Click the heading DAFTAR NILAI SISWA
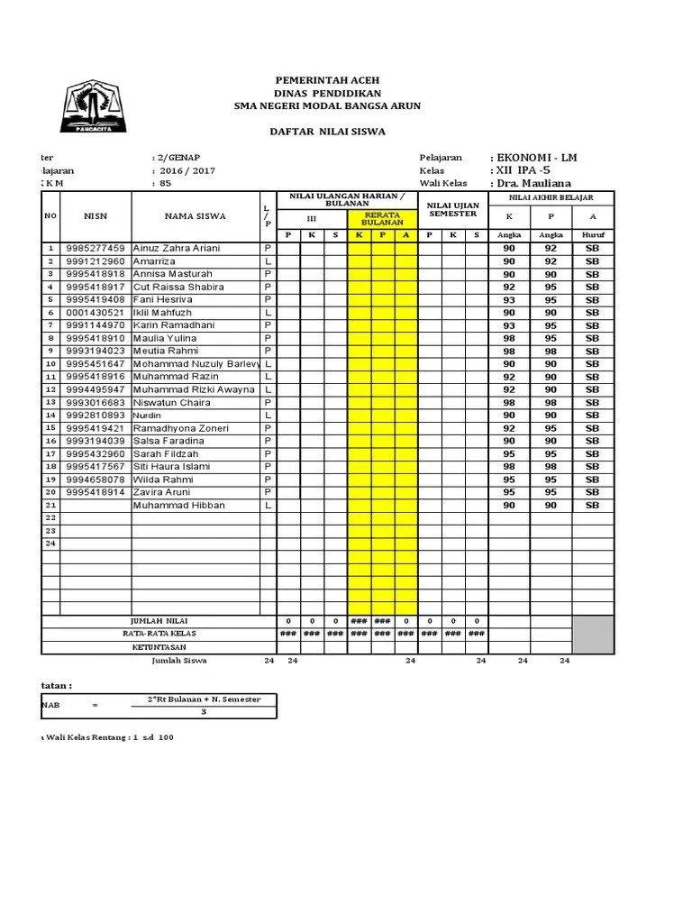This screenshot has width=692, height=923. point(327,132)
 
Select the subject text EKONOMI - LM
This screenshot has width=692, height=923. point(533,158)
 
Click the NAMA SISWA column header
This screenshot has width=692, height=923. point(195,216)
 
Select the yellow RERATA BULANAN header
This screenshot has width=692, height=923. point(382,218)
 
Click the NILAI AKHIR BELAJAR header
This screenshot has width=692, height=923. point(551,197)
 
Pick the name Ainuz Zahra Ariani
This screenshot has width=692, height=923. point(176,248)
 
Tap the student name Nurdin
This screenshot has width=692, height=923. point(149,416)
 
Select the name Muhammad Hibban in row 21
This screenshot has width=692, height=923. point(178,506)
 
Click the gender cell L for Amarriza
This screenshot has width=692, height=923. point(268,261)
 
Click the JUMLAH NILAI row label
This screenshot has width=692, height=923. point(159,621)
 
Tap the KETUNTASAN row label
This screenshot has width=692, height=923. point(159,647)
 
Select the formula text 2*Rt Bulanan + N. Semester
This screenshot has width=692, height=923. point(204,699)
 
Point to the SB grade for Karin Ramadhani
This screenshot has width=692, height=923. point(592,325)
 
